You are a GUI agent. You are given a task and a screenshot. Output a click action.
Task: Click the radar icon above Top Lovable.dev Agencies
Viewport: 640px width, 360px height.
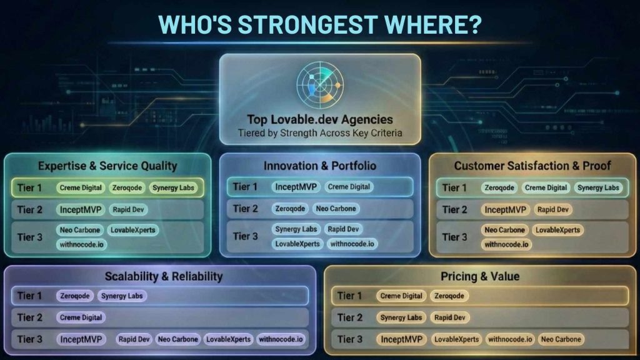(x=319, y=85)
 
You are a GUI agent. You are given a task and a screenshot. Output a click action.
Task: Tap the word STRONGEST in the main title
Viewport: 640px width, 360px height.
(x=307, y=24)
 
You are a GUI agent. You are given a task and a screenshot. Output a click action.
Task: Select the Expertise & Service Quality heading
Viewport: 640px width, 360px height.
(x=107, y=166)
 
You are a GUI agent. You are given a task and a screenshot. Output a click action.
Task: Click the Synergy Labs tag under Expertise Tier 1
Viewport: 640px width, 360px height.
(x=173, y=187)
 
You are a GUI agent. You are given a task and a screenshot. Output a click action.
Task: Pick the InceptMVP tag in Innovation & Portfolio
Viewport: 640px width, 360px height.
(x=296, y=187)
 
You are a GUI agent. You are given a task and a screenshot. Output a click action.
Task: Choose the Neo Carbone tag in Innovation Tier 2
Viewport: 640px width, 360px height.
(x=336, y=209)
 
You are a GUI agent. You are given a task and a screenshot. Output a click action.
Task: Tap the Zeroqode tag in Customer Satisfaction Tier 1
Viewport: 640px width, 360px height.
(x=499, y=187)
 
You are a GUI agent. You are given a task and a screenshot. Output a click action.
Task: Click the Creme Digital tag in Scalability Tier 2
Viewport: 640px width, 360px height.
(x=81, y=317)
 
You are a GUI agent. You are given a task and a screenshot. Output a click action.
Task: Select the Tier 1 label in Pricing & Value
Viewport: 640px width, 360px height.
(x=349, y=296)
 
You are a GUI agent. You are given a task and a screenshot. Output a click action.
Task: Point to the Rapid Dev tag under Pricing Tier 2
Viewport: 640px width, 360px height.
(x=450, y=317)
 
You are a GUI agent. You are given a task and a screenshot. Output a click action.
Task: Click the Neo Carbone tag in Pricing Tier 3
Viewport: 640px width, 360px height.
(x=561, y=339)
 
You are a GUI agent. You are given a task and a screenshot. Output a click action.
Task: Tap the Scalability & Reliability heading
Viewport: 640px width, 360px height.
(x=164, y=276)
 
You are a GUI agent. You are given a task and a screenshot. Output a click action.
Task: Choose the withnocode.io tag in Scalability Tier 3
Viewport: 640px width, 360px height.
(x=281, y=339)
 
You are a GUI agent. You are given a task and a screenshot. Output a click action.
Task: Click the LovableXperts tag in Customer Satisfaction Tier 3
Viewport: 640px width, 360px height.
(x=557, y=230)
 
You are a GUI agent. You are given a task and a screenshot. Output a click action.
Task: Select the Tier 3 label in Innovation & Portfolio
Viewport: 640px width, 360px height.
(x=245, y=236)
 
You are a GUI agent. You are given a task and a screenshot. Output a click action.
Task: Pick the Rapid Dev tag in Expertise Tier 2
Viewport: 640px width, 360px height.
(x=128, y=209)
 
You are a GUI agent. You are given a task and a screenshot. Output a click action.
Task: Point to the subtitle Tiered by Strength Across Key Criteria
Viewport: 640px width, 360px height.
(x=320, y=133)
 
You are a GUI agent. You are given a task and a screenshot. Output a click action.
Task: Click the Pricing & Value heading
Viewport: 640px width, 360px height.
(x=480, y=276)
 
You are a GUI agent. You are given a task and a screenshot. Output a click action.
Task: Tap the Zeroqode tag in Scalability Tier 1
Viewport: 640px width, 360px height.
(x=75, y=296)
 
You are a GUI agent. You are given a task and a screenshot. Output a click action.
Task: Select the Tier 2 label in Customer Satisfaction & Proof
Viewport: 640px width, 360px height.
(x=455, y=210)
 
